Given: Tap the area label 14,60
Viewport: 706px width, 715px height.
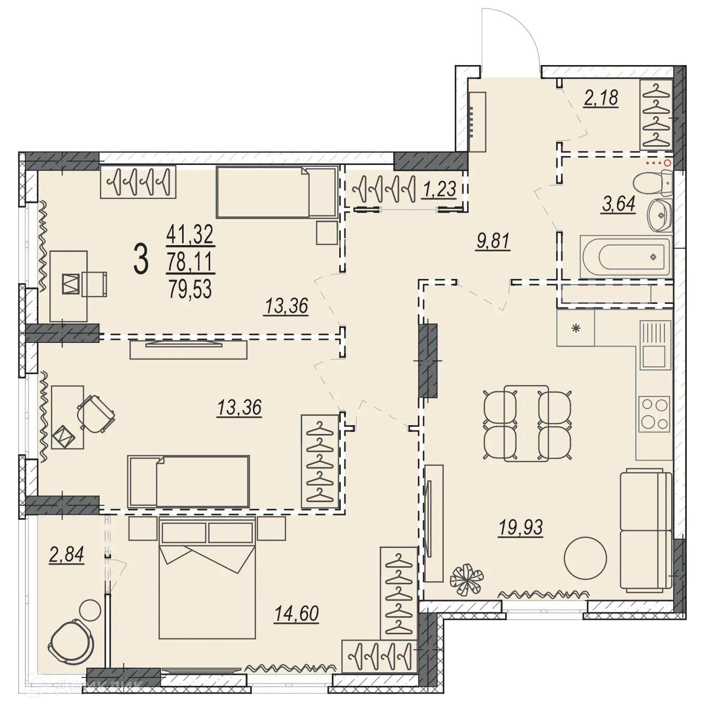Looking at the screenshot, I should click(x=297, y=614).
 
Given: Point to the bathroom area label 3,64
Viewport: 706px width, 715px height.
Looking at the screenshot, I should click(x=619, y=204).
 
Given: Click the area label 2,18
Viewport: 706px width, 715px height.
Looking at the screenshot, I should click(x=601, y=97).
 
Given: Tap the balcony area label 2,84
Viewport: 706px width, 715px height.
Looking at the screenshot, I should click(x=67, y=555).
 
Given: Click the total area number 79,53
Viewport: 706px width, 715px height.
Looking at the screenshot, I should click(x=190, y=289).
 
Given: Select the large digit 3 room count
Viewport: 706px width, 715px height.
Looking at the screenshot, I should click(x=140, y=260).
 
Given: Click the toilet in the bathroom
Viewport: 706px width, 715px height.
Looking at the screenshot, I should click(x=653, y=182).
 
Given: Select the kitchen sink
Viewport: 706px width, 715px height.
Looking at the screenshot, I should click(x=653, y=344).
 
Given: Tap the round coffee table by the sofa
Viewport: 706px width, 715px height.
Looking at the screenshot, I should click(x=585, y=557).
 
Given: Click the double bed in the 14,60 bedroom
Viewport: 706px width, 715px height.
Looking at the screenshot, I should click(x=207, y=578).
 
